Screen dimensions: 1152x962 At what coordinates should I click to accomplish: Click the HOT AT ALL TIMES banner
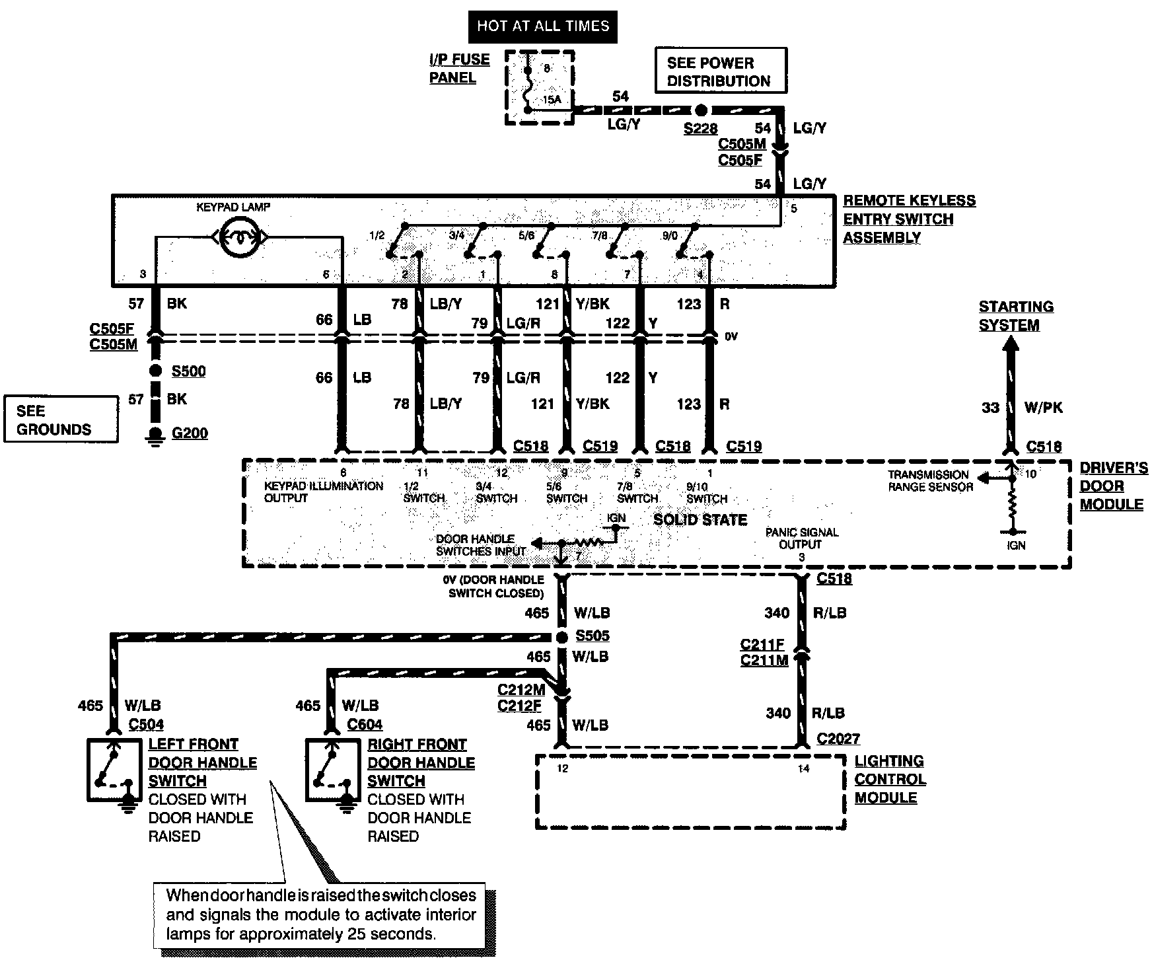point(543,26)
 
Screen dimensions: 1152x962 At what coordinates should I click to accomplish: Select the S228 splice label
point(700,128)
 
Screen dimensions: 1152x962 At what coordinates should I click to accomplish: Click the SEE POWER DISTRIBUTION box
point(721,70)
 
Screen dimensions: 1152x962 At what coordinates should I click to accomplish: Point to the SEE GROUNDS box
point(61,419)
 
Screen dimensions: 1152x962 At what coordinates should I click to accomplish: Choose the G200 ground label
point(190,433)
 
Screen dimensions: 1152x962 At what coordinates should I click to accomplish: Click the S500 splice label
point(188,371)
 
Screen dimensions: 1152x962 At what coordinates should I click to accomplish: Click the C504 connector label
point(146,724)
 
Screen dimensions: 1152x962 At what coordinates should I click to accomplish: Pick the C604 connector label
point(365,724)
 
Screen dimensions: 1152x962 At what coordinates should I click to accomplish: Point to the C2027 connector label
point(838,739)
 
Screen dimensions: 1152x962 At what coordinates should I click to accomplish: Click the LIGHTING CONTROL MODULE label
point(890,779)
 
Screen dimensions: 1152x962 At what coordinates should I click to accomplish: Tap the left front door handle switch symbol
point(114,770)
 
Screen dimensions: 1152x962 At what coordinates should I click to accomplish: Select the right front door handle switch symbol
point(333,770)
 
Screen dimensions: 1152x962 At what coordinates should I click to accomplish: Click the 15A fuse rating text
point(552,100)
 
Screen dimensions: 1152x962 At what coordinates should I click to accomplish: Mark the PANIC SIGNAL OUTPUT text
point(801,538)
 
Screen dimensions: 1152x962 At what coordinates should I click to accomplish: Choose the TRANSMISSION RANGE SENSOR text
point(930,480)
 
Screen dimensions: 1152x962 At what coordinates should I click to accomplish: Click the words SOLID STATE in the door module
point(700,520)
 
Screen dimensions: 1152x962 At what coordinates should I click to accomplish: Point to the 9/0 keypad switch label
point(668,235)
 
